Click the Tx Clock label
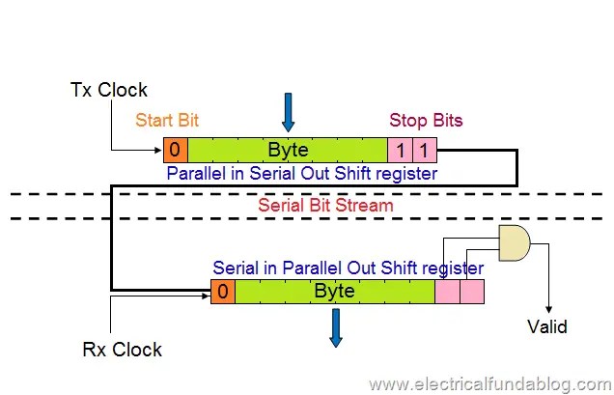pyautogui.click(x=109, y=90)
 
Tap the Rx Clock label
pyautogui.click(x=122, y=349)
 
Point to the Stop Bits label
pyautogui.click(x=426, y=121)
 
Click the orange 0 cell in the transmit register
pyautogui.click(x=175, y=150)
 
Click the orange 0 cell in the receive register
pyautogui.click(x=222, y=291)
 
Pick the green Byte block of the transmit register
pyautogui.click(x=288, y=150)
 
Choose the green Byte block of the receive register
pyautogui.click(x=334, y=291)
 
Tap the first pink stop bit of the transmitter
pyautogui.click(x=400, y=150)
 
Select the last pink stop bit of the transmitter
pyautogui.click(x=425, y=150)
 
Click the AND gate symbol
pyautogui.click(x=514, y=245)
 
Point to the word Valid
pyautogui.click(x=546, y=326)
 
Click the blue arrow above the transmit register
pyautogui.click(x=288, y=114)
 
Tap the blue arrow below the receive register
pyautogui.click(x=335, y=326)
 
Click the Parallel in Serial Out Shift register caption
pyautogui.click(x=302, y=174)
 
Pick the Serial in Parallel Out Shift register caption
pyautogui.click(x=349, y=268)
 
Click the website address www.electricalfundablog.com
pyautogui.click(x=487, y=383)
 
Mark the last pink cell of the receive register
pyautogui.click(x=471, y=291)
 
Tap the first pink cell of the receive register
pyautogui.click(x=447, y=291)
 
